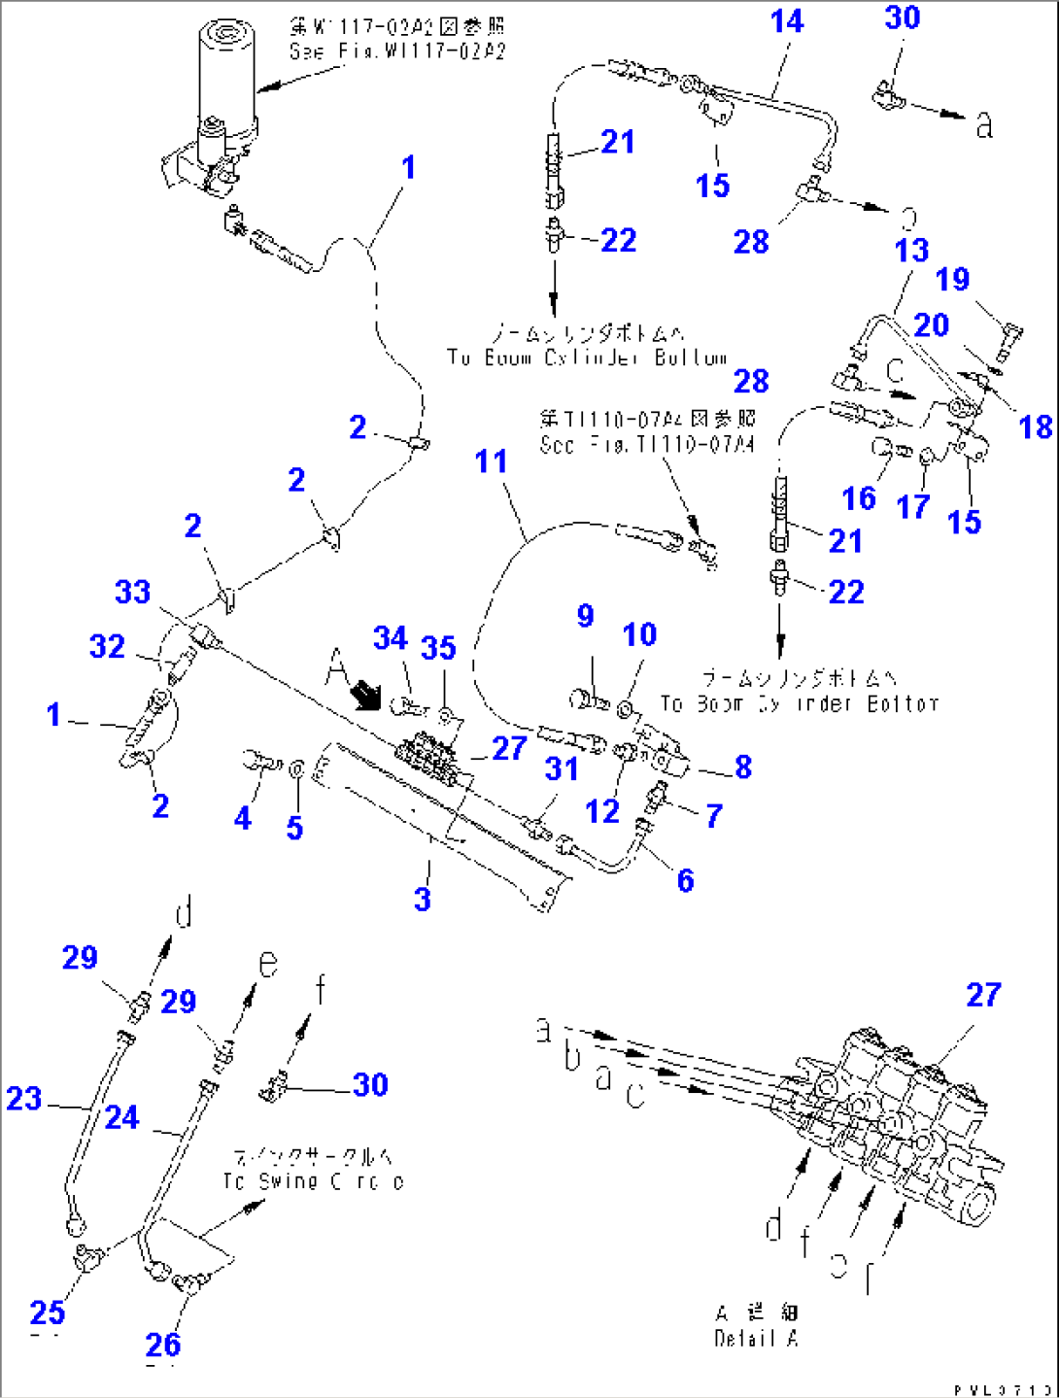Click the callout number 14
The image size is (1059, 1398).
786,21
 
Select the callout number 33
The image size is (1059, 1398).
133,592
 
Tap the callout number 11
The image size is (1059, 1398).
491,461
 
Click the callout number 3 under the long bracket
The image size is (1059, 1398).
422,899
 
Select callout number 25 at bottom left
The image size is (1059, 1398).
48,1313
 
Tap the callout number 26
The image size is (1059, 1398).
163,1345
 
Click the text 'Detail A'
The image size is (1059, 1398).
756,1339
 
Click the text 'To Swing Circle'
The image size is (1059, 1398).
313,1181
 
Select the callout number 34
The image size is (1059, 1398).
390,638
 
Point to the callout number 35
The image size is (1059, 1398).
438,648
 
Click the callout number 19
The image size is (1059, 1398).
952,280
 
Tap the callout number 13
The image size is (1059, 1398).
911,251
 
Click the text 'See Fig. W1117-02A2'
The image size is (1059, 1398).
397,51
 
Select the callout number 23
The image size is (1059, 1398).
24,1099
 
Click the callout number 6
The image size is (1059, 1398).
685,880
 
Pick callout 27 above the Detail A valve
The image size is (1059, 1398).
983,995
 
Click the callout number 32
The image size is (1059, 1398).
107,647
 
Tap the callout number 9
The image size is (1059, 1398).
585,616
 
